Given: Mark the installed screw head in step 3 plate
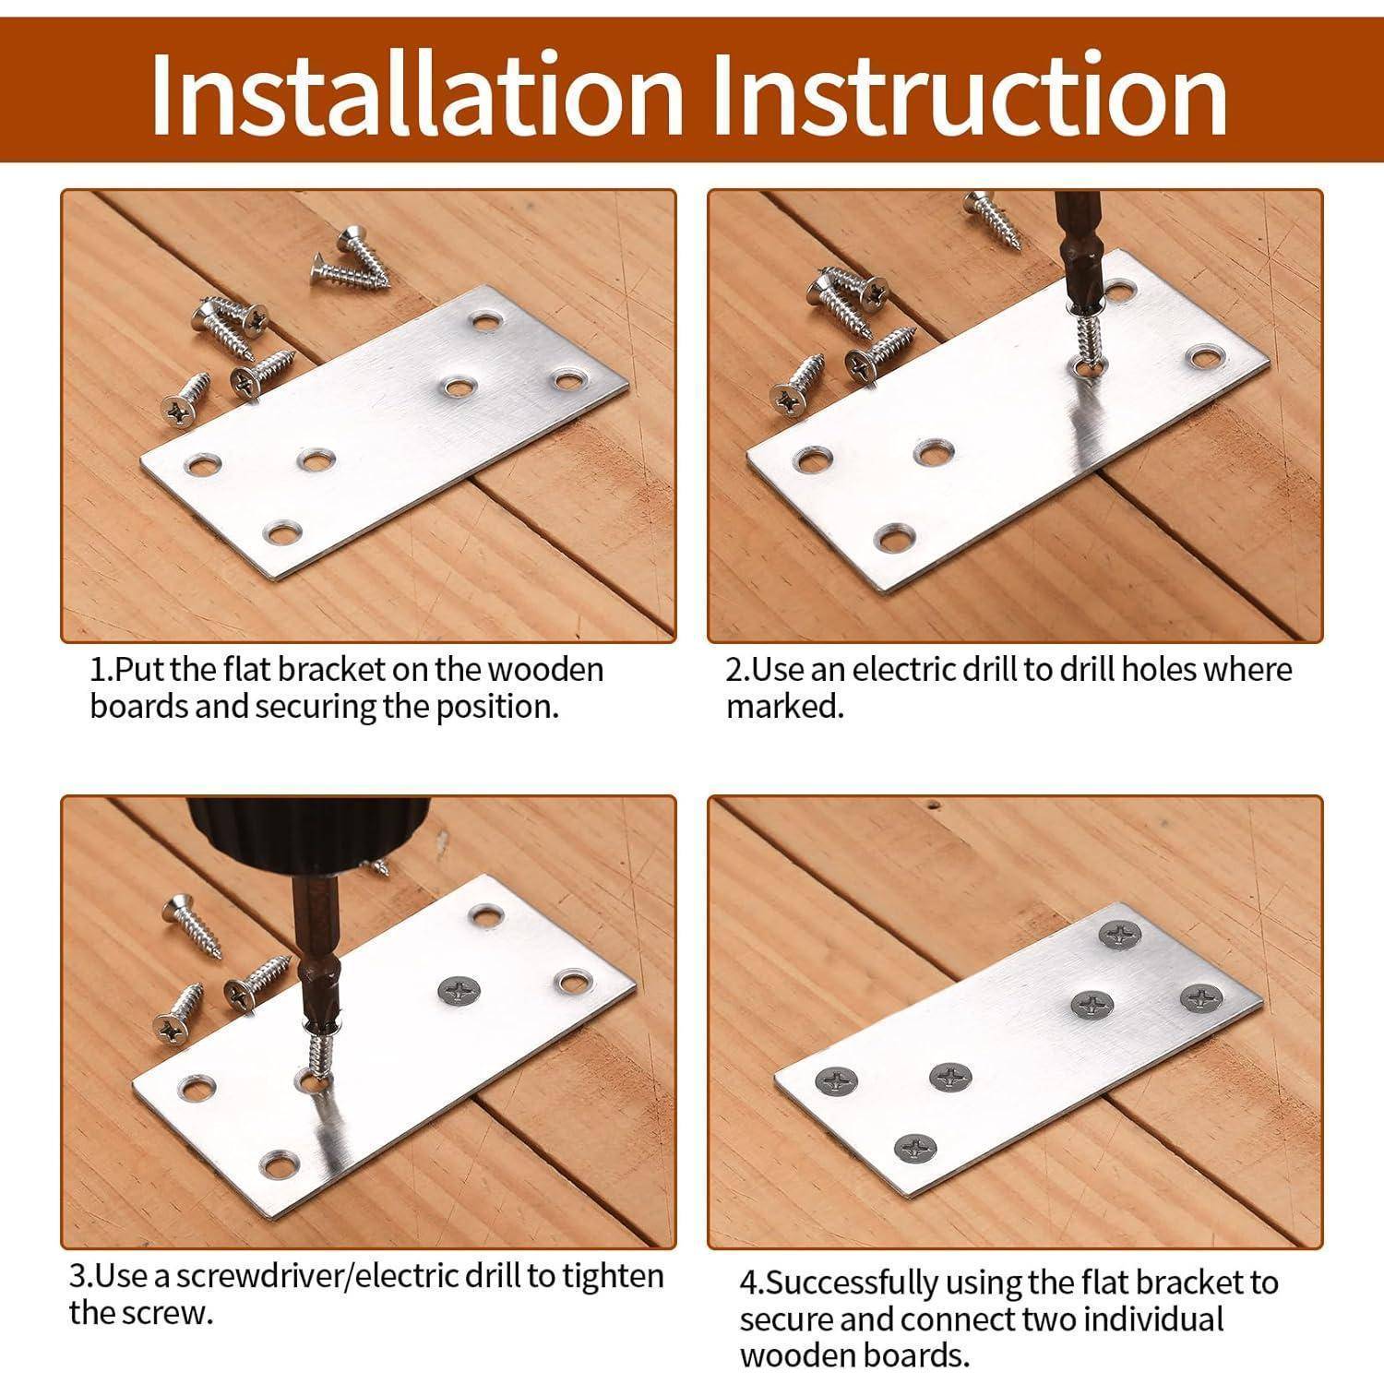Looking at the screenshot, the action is [459, 992].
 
